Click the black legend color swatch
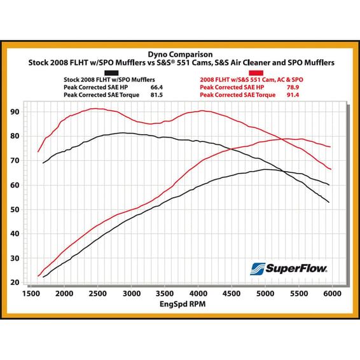(111, 73)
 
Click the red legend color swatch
(256, 73)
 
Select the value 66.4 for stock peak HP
(156, 87)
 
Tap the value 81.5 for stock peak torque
(156, 95)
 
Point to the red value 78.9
(293, 87)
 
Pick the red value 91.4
(293, 95)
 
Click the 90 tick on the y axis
(15, 112)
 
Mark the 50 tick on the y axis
(15, 210)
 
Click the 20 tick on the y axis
(15, 282)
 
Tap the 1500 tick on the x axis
(31, 294)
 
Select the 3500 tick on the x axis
(165, 294)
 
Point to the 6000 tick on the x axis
(332, 294)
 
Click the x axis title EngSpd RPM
(183, 304)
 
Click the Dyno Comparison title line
(180, 55)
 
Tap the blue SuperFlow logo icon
(258, 269)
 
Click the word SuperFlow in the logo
(296, 268)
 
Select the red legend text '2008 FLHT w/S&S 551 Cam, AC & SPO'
(251, 80)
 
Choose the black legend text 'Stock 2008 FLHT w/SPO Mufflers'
(109, 80)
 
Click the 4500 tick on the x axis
(232, 294)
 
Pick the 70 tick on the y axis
(15, 161)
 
